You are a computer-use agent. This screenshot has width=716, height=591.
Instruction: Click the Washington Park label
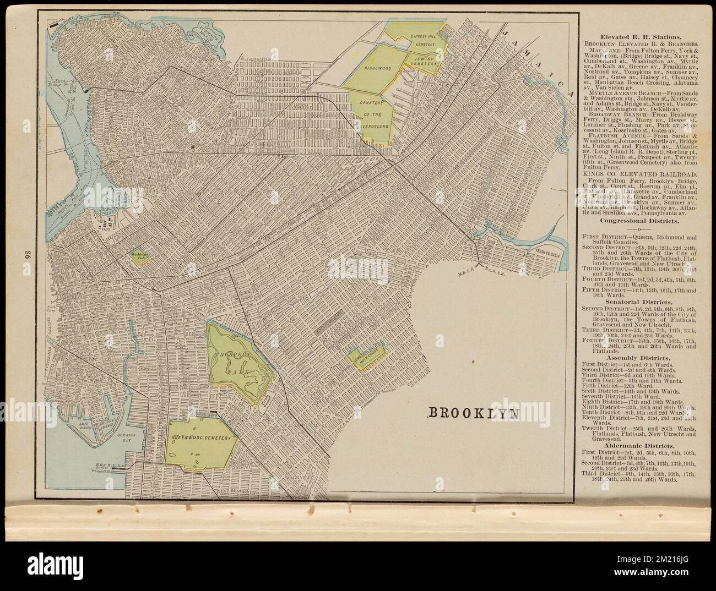pos(138,257)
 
